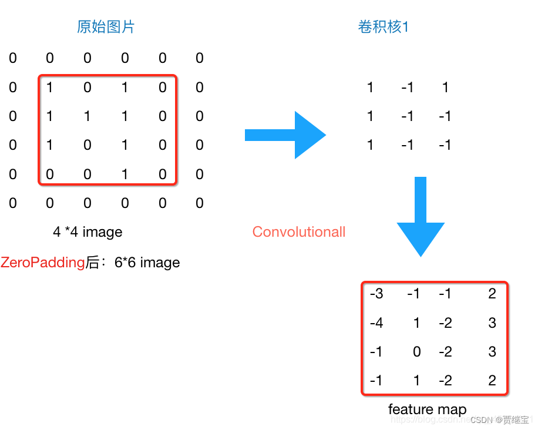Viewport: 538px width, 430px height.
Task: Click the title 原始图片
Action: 106,27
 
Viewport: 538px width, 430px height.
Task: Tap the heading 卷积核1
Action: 383,27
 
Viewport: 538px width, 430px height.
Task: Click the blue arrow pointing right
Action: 285,135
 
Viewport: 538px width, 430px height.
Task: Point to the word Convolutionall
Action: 299,232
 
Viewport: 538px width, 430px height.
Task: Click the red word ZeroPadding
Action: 43,263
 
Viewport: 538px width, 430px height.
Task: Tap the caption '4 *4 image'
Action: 88,232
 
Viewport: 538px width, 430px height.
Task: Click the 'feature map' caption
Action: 427,409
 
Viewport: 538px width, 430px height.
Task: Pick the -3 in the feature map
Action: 376,294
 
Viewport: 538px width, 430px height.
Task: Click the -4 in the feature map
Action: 376,323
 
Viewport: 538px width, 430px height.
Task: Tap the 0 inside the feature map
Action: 417,352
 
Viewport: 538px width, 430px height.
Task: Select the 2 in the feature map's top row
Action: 492,294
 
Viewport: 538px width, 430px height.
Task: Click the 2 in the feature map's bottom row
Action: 492,381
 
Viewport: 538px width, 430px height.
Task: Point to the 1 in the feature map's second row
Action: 417,323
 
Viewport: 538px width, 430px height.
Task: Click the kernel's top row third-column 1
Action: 445,88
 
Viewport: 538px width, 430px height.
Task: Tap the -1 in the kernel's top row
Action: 407,88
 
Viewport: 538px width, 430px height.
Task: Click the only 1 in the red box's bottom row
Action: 125,174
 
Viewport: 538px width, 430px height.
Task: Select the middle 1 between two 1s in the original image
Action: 88,116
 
